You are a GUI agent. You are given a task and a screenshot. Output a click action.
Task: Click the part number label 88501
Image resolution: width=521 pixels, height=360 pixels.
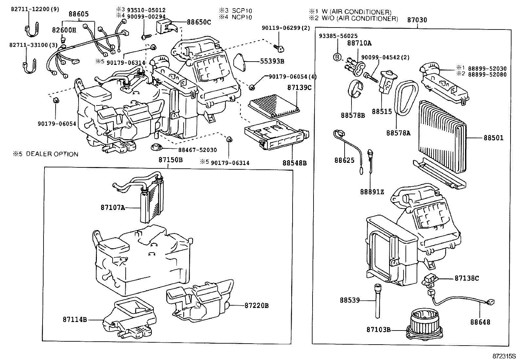click(x=494, y=138)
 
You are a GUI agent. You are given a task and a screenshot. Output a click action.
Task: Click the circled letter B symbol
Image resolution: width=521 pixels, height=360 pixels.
click(x=337, y=57)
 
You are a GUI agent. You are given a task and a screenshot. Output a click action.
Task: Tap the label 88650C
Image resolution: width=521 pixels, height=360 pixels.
click(x=199, y=22)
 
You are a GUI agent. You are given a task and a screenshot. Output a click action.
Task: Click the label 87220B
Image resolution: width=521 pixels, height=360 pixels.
click(x=256, y=305)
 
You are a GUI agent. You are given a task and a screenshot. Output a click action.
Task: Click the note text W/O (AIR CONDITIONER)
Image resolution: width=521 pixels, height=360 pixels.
click(x=360, y=19)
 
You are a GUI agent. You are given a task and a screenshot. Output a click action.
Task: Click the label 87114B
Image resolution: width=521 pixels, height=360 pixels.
click(x=75, y=319)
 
